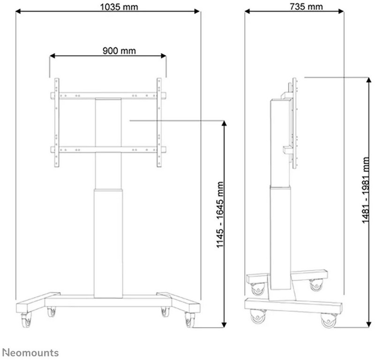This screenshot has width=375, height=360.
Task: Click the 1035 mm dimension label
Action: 119,7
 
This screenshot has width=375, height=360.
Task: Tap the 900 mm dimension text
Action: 119,51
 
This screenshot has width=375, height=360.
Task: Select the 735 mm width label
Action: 306,7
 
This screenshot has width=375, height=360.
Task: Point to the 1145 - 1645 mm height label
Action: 220,214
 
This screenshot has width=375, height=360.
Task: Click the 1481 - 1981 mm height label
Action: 366,191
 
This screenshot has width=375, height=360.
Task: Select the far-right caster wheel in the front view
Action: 190,320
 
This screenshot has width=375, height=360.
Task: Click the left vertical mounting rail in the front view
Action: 57,123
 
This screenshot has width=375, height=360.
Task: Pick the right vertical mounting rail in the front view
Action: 159,123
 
